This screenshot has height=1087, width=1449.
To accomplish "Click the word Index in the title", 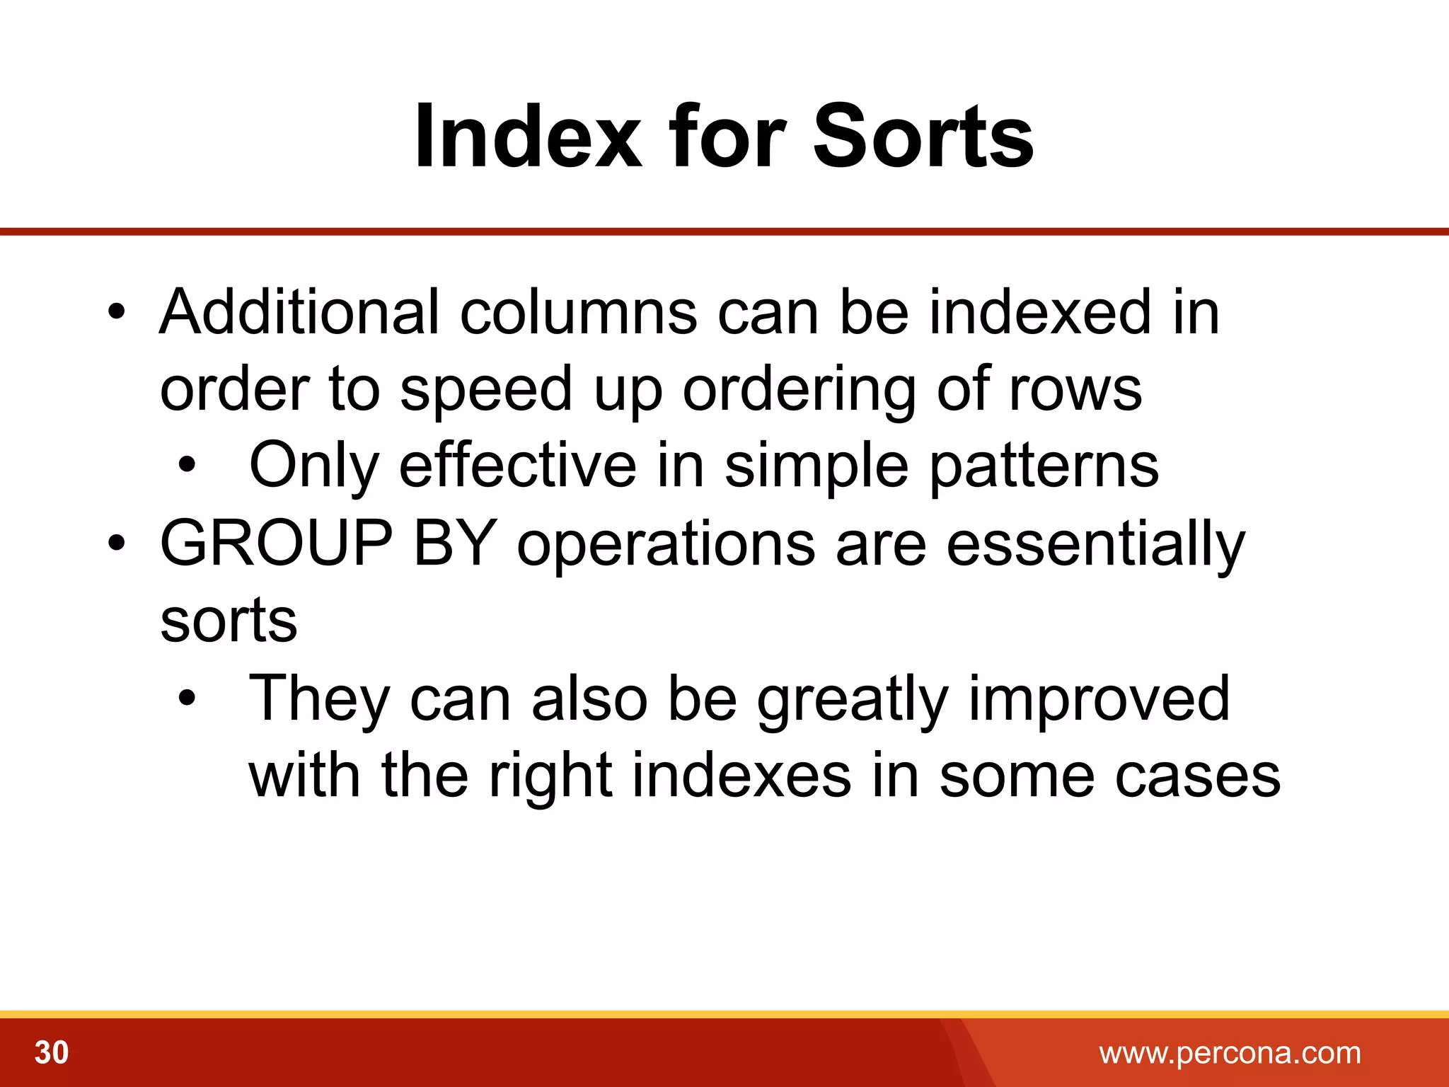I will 528,136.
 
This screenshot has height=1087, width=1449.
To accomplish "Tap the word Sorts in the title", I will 923,136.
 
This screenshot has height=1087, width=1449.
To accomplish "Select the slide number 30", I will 52,1052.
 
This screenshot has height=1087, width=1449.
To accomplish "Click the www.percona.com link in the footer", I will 1230,1053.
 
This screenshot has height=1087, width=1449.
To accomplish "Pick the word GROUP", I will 276,543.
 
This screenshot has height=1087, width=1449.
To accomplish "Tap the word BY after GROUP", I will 455,543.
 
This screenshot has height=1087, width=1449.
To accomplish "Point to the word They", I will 320,699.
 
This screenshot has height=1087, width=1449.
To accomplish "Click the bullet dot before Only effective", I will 187,466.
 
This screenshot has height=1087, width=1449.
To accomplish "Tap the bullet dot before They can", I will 187,698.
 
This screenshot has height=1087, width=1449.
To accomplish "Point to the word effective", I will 518,466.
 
